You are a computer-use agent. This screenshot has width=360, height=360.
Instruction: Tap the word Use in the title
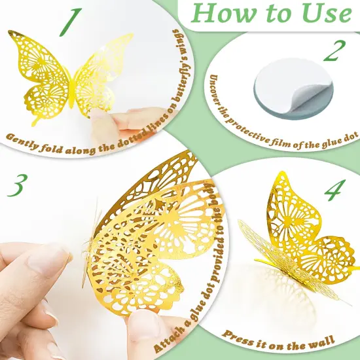pyautogui.click(x=326, y=14)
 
